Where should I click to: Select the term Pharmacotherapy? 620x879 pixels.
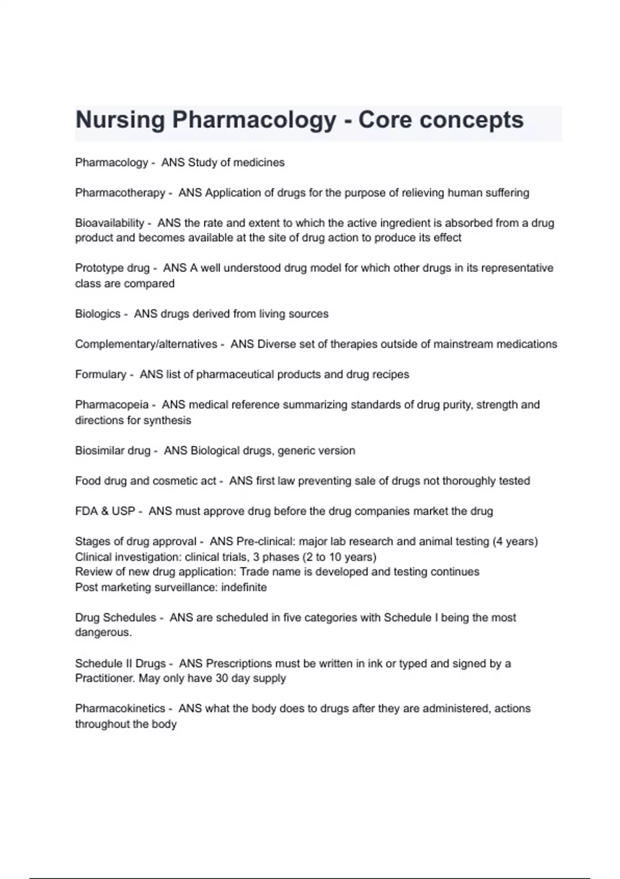tap(120, 193)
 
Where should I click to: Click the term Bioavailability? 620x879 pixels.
tap(110, 223)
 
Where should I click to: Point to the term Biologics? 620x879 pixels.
tap(98, 314)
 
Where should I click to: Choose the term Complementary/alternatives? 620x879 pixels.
tap(146, 344)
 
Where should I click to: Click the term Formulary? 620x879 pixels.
tap(100, 374)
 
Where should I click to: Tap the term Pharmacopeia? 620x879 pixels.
tap(112, 404)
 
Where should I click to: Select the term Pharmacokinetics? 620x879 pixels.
tap(120, 708)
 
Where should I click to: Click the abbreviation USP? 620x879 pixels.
tap(123, 511)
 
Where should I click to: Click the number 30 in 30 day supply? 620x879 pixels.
tap(222, 678)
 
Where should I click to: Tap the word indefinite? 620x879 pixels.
tap(244, 587)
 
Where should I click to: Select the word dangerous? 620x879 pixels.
tap(102, 632)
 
